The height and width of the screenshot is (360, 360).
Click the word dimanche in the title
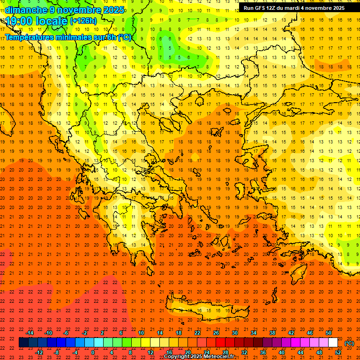(x=26, y=9)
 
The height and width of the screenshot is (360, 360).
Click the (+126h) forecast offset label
(x=84, y=21)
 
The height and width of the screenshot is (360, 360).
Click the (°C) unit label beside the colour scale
(x=349, y=343)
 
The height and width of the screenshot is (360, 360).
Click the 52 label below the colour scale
(x=338, y=352)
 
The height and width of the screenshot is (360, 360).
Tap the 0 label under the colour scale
(x=93, y=352)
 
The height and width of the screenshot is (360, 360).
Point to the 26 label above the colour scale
(x=216, y=333)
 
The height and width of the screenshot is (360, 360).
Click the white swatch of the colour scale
(x=333, y=343)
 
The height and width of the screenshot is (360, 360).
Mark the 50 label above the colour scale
(x=329, y=333)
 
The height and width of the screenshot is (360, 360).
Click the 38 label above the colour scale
(x=272, y=333)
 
